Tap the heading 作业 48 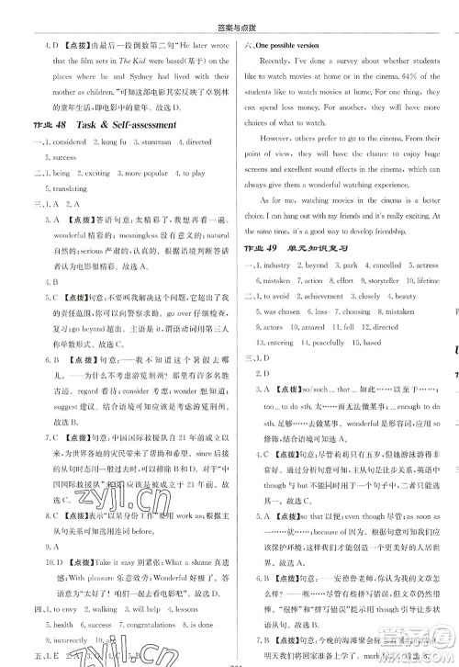point(42,126)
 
